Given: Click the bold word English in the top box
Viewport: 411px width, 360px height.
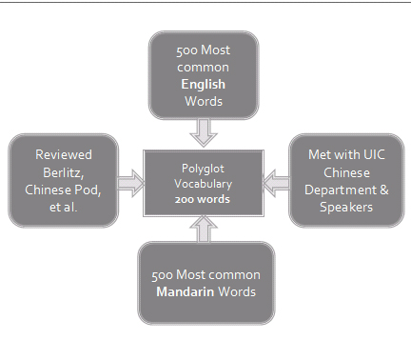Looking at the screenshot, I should pyautogui.click(x=203, y=84).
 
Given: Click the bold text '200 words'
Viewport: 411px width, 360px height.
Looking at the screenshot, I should pyautogui.click(x=201, y=199).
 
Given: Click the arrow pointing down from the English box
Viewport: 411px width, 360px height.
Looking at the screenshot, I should pyautogui.click(x=203, y=129).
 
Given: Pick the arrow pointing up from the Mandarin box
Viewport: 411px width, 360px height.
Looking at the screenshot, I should pyautogui.click(x=203, y=229).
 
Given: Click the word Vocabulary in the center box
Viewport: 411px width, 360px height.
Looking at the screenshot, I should pyautogui.click(x=201, y=184).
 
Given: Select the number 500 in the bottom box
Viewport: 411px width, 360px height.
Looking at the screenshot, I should pyautogui.click(x=163, y=274).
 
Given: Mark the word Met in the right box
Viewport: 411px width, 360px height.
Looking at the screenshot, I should pyautogui.click(x=321, y=154).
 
